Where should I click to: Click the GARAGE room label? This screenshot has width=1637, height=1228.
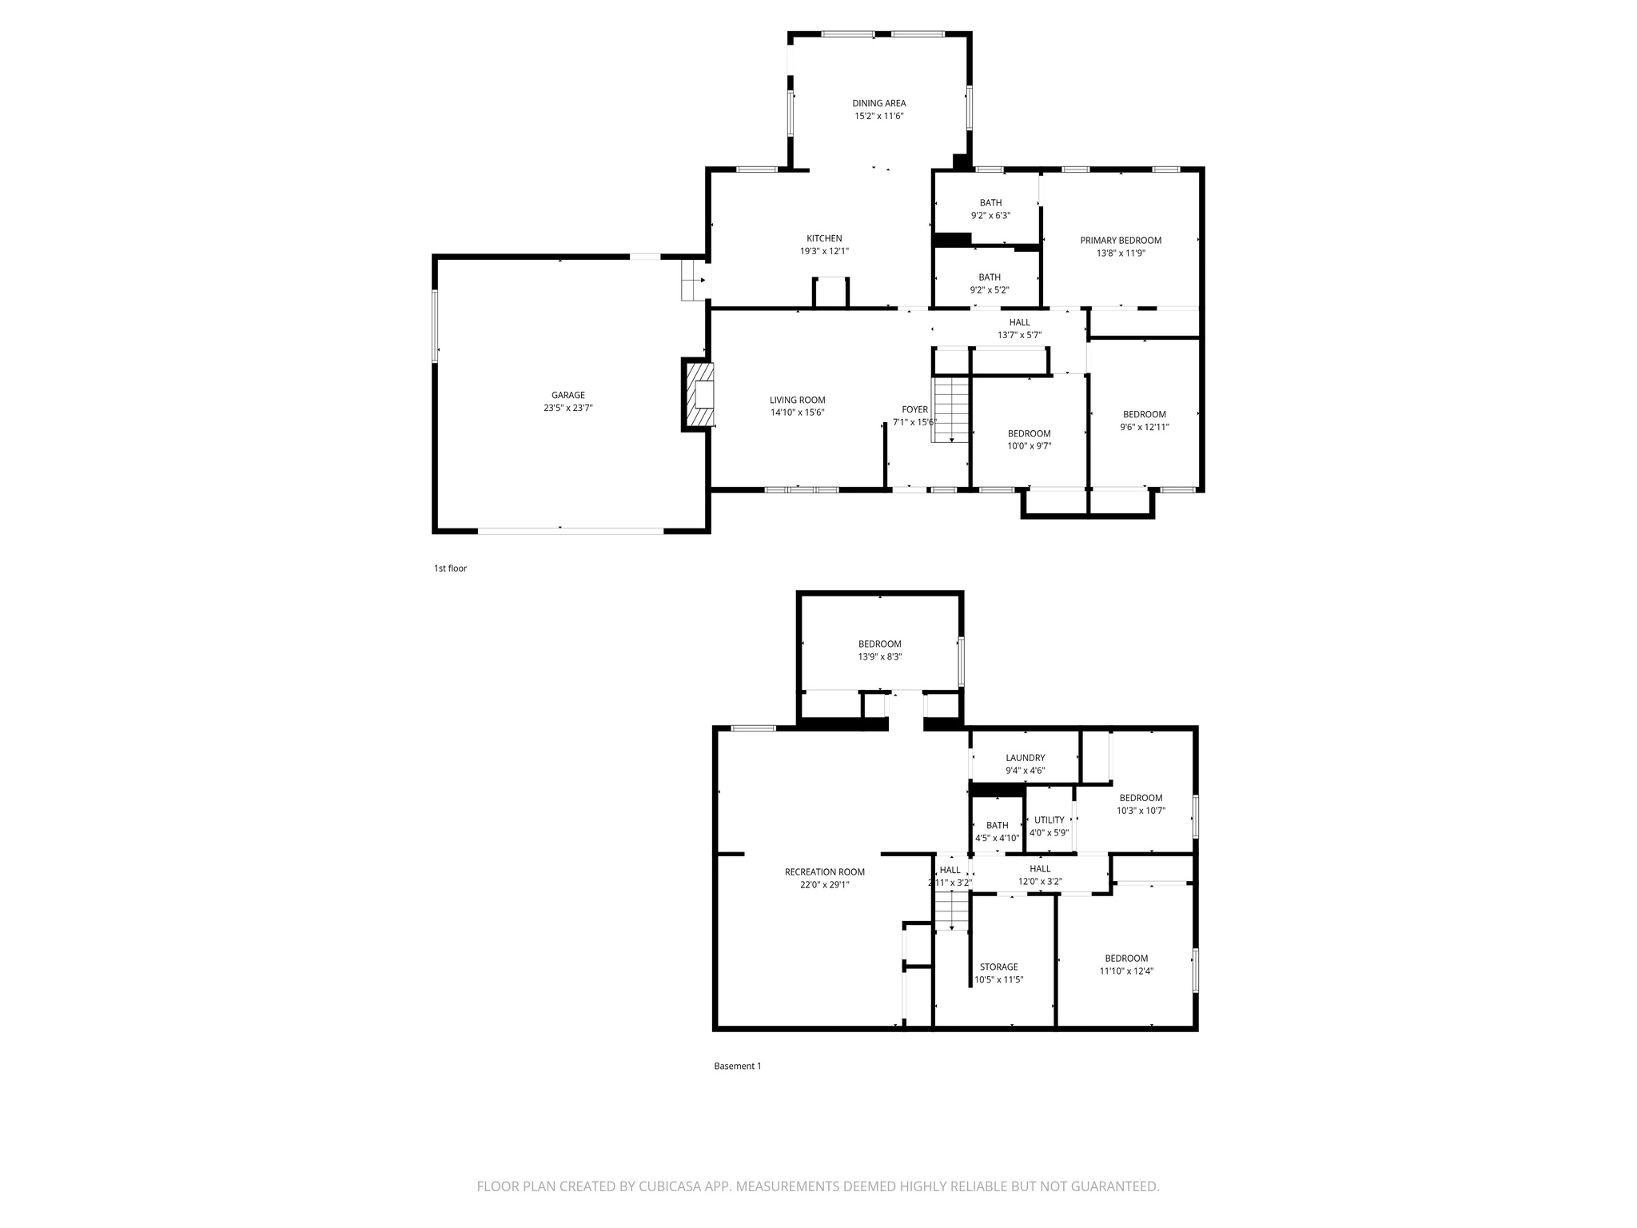(568, 395)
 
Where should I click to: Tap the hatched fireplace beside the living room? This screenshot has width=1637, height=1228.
(698, 395)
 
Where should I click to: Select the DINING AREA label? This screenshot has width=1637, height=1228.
(878, 103)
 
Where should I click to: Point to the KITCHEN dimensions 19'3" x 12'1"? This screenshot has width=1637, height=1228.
(823, 251)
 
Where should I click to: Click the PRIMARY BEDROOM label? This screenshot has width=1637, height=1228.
(1120, 240)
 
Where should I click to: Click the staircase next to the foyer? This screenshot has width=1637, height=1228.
(951, 409)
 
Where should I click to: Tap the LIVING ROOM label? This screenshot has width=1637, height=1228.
(797, 400)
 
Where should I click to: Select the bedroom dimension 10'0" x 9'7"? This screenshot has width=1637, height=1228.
(1029, 446)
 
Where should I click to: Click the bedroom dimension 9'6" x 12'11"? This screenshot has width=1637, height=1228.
(1144, 427)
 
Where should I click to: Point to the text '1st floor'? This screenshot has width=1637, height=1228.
(450, 568)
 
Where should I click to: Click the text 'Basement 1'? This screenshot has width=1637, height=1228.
(737, 1066)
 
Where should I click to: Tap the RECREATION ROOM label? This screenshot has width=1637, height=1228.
(824, 872)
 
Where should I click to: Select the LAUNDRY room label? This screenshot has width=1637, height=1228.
(1025, 758)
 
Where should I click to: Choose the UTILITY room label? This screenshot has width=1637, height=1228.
(1049, 819)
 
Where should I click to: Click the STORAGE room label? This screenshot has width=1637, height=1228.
(998, 967)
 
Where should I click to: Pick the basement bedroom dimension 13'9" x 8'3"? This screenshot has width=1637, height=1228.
(879, 657)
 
